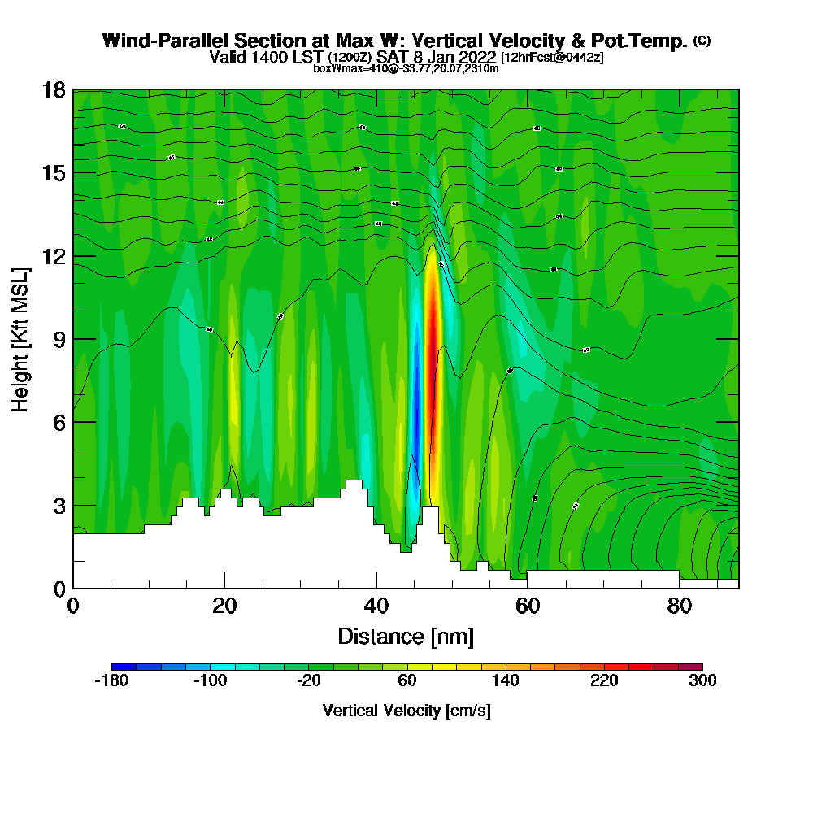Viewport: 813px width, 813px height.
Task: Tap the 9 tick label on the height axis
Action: coord(59,339)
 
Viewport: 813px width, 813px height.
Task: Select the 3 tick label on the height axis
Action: coord(59,505)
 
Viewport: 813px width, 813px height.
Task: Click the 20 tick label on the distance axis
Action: coord(224,606)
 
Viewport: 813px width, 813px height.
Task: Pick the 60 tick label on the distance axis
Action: coord(528,606)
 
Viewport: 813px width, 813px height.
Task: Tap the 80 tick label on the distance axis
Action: coord(679,606)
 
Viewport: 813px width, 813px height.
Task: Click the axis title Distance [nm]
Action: coord(406,636)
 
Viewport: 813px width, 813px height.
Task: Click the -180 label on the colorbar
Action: coord(111,681)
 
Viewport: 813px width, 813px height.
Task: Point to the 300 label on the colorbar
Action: coord(702,681)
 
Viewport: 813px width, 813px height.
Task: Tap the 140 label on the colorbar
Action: coord(506,681)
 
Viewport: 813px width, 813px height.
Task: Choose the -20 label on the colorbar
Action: coord(308,681)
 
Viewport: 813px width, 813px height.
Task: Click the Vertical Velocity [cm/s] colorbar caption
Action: coord(406,711)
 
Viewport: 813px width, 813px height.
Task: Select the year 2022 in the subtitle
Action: coord(476,57)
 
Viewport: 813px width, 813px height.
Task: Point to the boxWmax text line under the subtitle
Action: coord(406,68)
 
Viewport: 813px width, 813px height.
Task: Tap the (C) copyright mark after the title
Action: coord(702,40)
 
